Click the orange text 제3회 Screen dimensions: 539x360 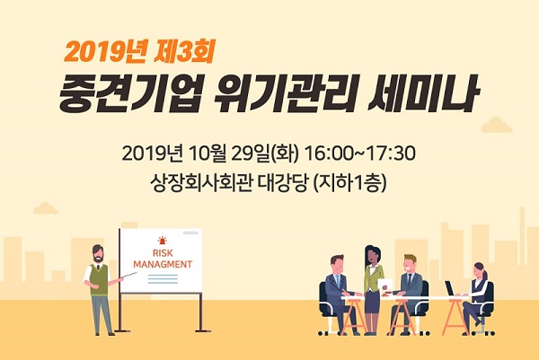click(184, 52)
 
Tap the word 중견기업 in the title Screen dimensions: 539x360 click(128, 92)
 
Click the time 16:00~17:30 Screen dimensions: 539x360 click(359, 154)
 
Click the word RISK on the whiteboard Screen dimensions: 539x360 click(163, 253)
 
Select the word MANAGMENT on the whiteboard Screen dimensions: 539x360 click(163, 265)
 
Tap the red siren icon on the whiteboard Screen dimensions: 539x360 click(162, 240)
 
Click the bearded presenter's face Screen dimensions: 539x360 click(98, 254)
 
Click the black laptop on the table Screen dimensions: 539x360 click(451, 288)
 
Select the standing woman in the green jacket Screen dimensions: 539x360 click(373, 289)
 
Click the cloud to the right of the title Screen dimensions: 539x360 click(497, 125)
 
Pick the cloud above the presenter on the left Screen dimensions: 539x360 click(46, 208)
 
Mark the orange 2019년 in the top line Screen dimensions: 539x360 click(105, 52)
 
